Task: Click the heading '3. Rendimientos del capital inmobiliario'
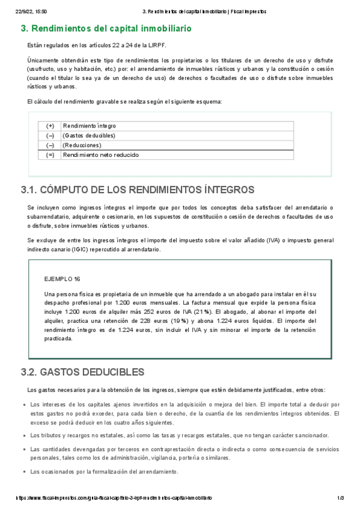tap(106, 28)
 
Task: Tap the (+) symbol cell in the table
tap(50, 126)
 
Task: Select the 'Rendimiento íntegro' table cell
tap(89, 126)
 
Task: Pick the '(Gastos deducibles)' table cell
tap(88, 136)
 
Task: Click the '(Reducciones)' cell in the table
tap(82, 146)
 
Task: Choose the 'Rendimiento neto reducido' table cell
tap(100, 155)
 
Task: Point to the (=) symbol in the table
tap(50, 155)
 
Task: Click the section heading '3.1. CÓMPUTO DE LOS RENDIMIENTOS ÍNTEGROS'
tap(138, 190)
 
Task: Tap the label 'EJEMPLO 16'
tap(63, 280)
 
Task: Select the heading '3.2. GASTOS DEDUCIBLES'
tap(82, 372)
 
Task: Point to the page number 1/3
tap(340, 499)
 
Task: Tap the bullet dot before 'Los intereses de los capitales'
tap(23, 405)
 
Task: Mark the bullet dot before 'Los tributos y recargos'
tap(23, 435)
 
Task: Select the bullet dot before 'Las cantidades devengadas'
tap(23, 450)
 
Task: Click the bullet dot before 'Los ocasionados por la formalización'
tap(23, 472)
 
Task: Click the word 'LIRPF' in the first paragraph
tap(159, 45)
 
